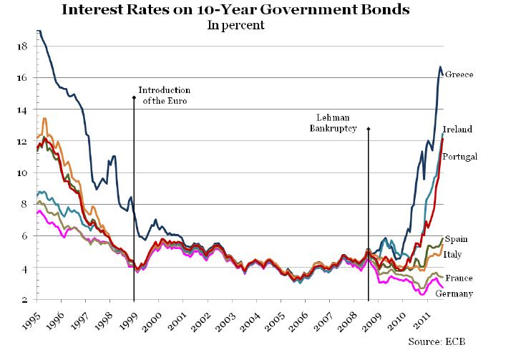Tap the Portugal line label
(461, 156)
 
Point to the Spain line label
(457, 239)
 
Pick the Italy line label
(457, 254)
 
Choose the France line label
(459, 278)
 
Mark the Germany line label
(462, 293)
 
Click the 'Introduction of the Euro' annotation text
(164, 95)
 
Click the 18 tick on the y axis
(21, 47)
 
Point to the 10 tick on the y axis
(21, 173)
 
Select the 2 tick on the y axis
(24, 300)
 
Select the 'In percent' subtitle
(236, 26)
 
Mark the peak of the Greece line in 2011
(440, 67)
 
